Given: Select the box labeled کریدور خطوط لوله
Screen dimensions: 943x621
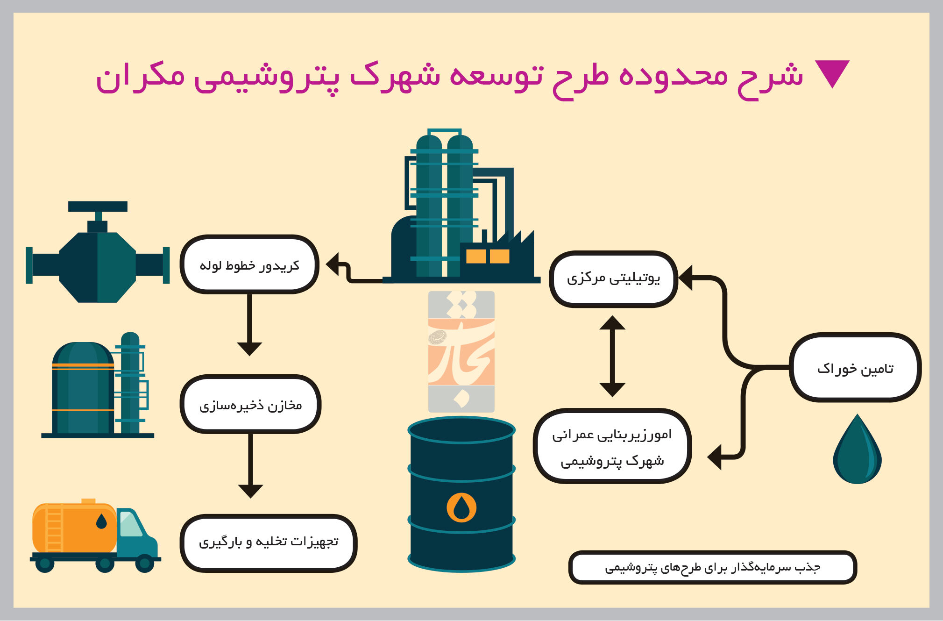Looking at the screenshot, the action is [x=249, y=264].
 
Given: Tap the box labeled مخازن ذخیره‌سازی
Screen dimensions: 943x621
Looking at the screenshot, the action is [x=250, y=404].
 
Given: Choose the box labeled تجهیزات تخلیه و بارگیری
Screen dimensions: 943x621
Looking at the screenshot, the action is [x=269, y=543].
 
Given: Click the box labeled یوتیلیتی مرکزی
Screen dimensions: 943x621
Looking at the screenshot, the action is [x=613, y=279].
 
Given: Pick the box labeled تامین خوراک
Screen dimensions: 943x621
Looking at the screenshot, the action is [x=855, y=368].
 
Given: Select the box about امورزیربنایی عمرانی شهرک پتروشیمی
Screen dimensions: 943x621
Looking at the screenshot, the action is [x=612, y=446].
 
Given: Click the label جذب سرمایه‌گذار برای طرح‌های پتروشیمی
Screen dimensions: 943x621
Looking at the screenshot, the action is [x=713, y=567].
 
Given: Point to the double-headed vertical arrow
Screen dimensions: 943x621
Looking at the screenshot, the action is [x=612, y=356].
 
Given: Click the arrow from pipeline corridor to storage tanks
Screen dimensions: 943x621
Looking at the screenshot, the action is [x=249, y=325].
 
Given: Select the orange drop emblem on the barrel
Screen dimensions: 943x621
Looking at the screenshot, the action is [x=461, y=507].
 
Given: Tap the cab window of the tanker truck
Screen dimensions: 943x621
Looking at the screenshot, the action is [x=130, y=523].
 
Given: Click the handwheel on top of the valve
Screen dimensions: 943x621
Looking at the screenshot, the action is [x=98, y=207].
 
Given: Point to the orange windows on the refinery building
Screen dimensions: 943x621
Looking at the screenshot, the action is [x=488, y=256].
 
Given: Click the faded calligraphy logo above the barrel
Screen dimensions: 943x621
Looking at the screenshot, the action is [x=461, y=351].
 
